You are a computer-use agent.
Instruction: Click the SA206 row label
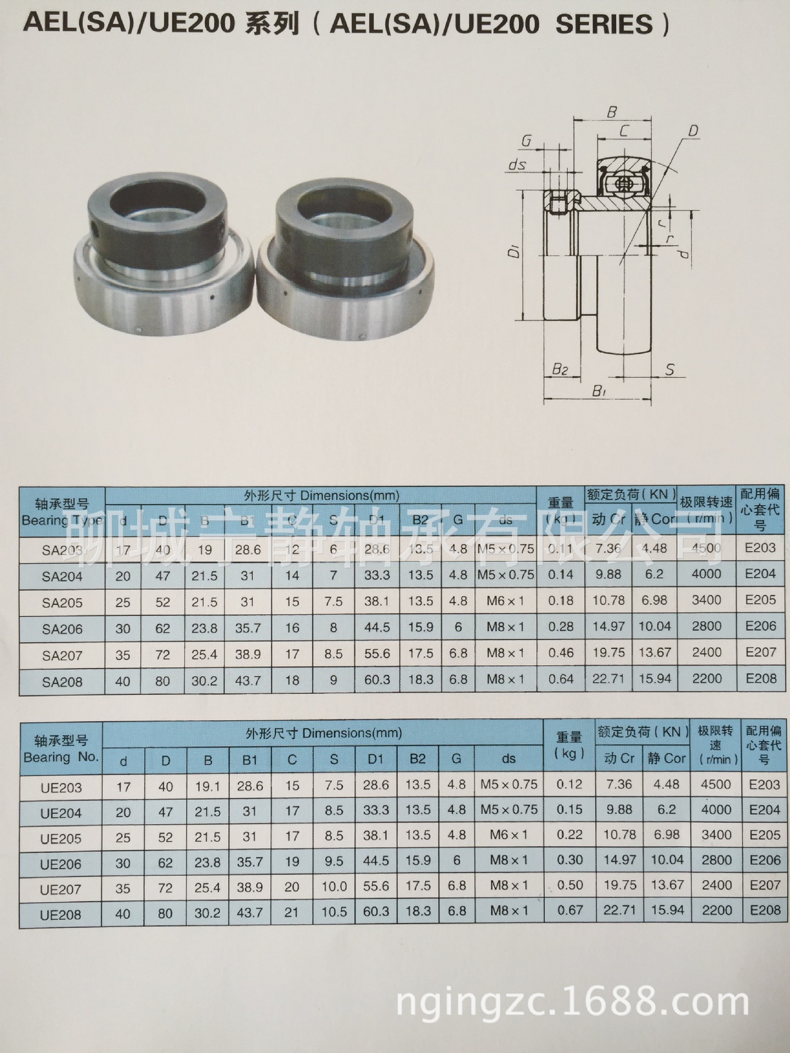pyautogui.click(x=62, y=629)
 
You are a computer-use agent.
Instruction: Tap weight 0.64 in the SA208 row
pyautogui.click(x=561, y=679)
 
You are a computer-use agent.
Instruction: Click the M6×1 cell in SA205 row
pyautogui.click(x=505, y=601)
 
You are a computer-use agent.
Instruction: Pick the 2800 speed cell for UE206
pyautogui.click(x=716, y=860)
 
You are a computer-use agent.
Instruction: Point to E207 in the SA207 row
pyautogui.click(x=761, y=652)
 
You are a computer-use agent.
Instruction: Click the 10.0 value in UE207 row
pyautogui.click(x=334, y=886)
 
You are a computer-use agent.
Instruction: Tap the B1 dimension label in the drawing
pyautogui.click(x=599, y=392)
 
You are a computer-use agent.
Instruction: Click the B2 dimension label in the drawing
pyautogui.click(x=560, y=369)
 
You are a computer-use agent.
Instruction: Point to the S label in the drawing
pyautogui.click(x=669, y=370)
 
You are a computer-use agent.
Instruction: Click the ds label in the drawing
pyautogui.click(x=517, y=164)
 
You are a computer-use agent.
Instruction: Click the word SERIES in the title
pyautogui.click(x=604, y=25)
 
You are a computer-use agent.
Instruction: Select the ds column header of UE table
pyautogui.click(x=509, y=758)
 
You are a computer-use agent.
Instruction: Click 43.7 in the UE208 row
pyautogui.click(x=250, y=913)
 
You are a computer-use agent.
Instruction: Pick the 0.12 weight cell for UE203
pyautogui.click(x=569, y=784)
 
